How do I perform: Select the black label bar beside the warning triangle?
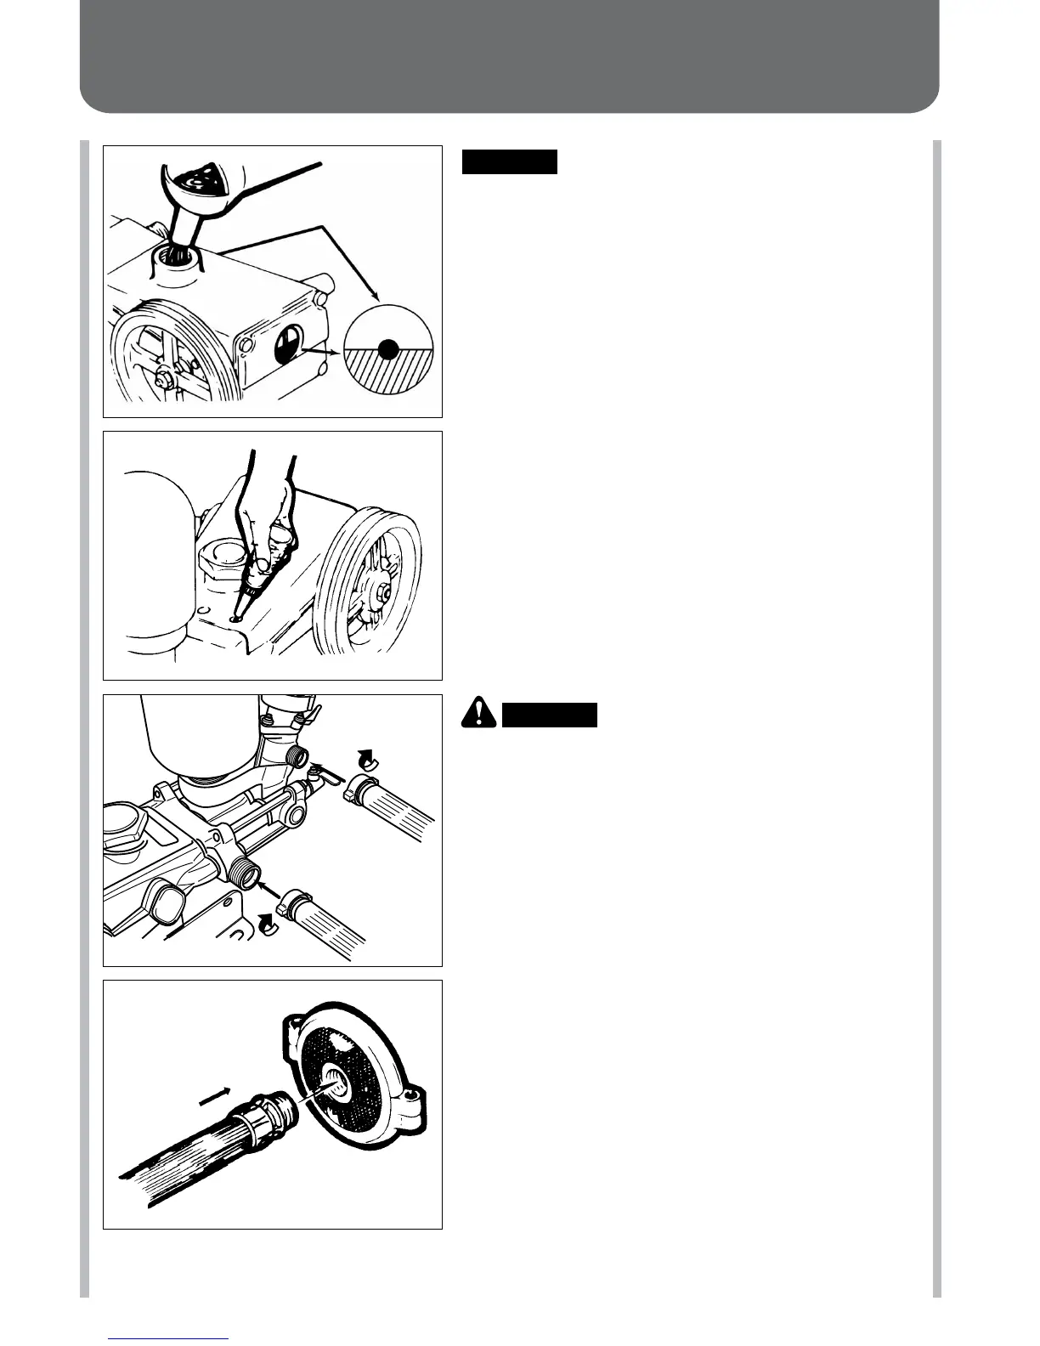[x=550, y=715]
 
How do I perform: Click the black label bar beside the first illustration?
[x=510, y=161]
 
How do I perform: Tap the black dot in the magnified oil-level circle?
[x=387, y=348]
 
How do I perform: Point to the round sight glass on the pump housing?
[x=287, y=346]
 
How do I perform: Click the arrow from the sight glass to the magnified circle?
[x=325, y=349]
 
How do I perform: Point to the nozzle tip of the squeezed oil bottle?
[x=239, y=614]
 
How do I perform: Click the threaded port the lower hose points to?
[x=245, y=870]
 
